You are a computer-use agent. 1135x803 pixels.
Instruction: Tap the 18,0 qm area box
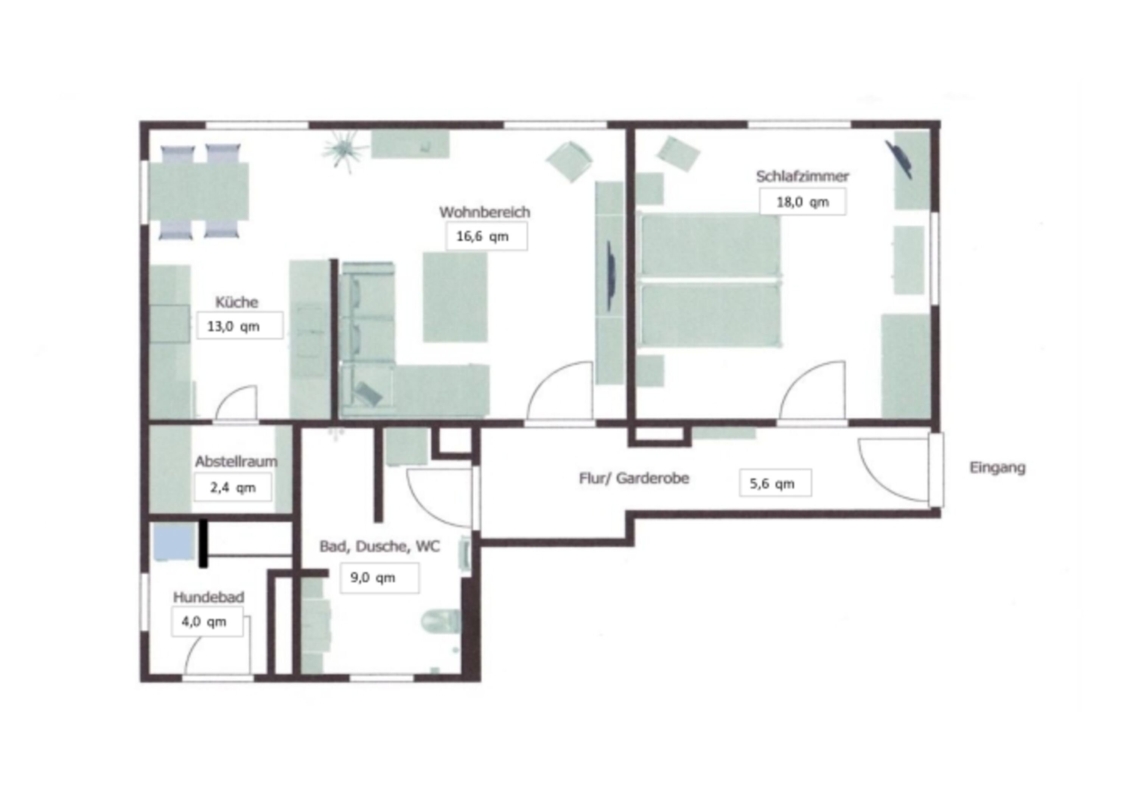click(802, 202)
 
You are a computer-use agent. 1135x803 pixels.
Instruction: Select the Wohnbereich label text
click(484, 212)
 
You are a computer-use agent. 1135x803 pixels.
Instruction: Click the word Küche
click(236, 302)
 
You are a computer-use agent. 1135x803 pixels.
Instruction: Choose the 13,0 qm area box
click(240, 326)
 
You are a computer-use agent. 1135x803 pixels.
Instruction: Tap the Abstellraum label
click(236, 462)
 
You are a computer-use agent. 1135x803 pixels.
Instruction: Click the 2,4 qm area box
click(233, 487)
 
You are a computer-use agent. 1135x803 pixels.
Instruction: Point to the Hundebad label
click(208, 597)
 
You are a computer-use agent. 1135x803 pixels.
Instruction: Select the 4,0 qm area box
click(207, 621)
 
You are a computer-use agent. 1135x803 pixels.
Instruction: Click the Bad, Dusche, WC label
click(379, 546)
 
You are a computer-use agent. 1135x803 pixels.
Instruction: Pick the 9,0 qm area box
click(379, 577)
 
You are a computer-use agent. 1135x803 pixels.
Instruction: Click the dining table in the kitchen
click(199, 192)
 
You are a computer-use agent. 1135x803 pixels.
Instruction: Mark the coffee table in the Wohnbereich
click(455, 297)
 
